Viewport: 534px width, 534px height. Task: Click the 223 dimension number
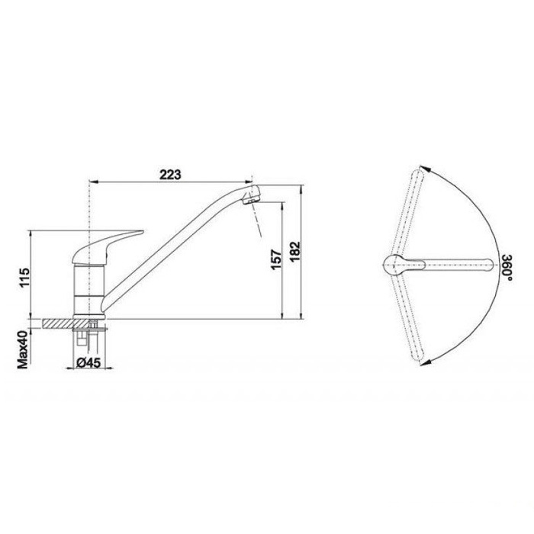pos(171,175)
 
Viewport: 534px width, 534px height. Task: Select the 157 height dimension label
pos(276,259)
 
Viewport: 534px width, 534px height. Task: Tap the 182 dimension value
pos(295,251)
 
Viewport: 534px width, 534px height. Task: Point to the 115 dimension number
pos(24,278)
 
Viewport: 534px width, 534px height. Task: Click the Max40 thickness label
pos(23,349)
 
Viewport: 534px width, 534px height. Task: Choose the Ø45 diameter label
pos(88,362)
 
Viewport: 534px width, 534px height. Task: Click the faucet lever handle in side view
pos(106,246)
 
